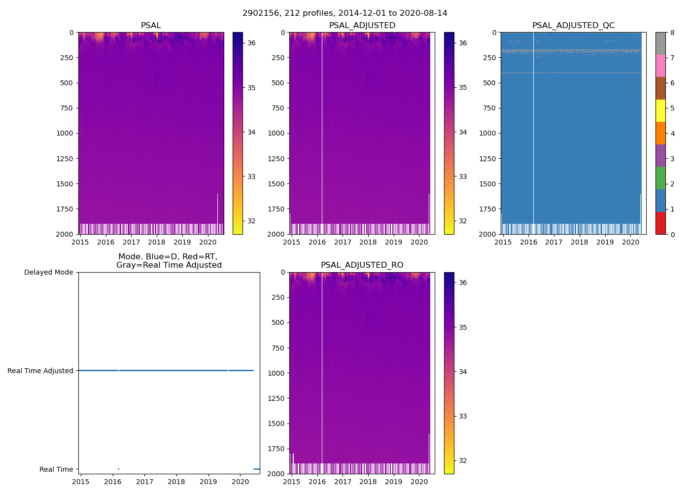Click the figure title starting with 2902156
point(345,13)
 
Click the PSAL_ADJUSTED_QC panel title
point(573,26)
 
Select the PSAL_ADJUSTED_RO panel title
point(362,265)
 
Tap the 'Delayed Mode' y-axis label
point(48,272)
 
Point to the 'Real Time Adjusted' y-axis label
point(40,371)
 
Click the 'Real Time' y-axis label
point(56,469)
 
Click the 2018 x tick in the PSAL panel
point(157,242)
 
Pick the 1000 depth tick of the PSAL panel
point(64,133)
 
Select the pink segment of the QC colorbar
point(660,66)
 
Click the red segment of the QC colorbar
point(660,223)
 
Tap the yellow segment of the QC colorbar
point(660,110)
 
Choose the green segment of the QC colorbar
point(660,178)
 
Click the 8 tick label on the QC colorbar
point(672,33)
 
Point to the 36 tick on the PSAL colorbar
point(251,43)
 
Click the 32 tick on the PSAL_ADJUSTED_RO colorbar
point(463,461)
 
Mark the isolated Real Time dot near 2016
point(118,469)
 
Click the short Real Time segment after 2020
point(256,469)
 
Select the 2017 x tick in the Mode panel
point(144,482)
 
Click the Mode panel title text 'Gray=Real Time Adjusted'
point(169,265)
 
